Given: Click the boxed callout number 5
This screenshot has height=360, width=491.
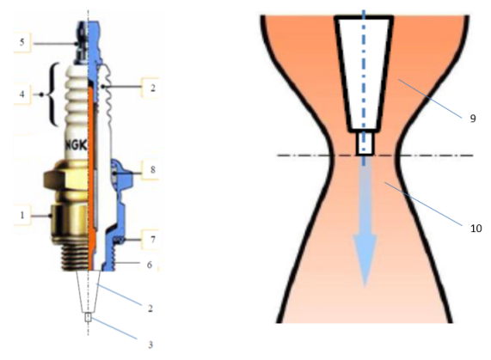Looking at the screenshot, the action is pos(21,42).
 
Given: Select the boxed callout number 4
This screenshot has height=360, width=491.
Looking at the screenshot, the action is pos(21,95).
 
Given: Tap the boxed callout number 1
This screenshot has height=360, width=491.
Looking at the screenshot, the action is pos(21,215).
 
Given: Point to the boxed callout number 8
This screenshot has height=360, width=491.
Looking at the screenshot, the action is pos(152,169).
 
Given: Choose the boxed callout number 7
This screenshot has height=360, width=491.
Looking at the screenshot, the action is pos(152,240).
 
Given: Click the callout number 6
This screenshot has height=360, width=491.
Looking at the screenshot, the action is pos(150,265).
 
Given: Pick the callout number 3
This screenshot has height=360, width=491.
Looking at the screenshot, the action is pos(150,345).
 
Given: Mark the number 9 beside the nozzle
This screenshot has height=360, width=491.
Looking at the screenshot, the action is pos(473,119).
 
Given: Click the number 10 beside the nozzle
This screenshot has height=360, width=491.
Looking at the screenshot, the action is pos(476,229).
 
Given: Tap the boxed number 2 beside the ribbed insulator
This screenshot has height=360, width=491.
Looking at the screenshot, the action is pos(152,88).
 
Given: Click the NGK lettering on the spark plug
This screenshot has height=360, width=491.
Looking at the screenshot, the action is pos(76,145).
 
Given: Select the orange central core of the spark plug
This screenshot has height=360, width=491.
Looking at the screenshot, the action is pos(91,178).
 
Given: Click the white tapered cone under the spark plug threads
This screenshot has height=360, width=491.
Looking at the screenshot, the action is pos(89,291).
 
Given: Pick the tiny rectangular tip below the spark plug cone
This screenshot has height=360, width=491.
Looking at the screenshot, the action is pos(88,317).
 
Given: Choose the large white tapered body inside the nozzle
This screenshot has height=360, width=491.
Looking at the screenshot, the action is pos(364,73).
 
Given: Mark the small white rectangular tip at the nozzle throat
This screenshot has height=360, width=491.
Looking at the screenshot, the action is pos(365,143).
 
